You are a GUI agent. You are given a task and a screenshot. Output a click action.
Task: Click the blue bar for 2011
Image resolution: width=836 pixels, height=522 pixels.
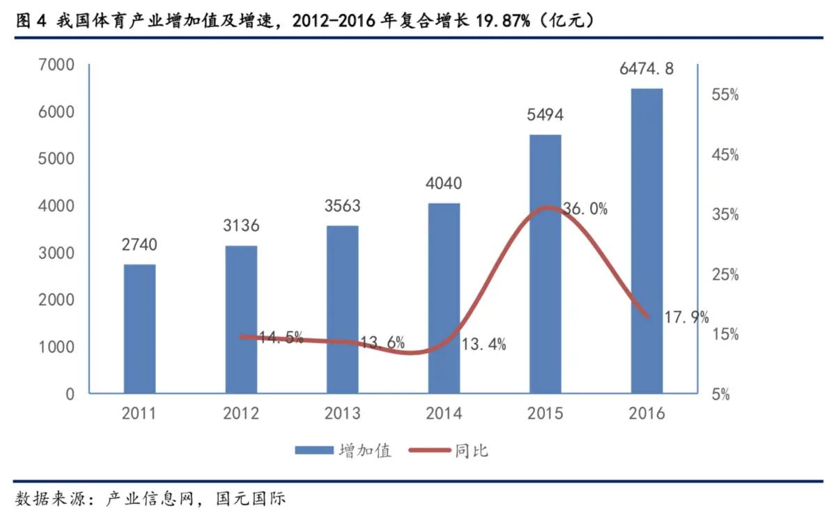[139, 329]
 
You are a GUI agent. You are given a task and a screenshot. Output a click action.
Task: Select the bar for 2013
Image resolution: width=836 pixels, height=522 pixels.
[342, 309]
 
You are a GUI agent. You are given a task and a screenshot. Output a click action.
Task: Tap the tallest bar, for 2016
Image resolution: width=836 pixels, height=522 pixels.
[647, 241]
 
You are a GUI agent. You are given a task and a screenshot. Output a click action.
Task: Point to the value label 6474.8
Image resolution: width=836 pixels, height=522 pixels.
[647, 69]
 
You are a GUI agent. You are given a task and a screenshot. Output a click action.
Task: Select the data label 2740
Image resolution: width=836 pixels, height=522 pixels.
[139, 245]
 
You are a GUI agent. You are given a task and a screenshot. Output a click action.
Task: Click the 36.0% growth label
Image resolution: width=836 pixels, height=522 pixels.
[585, 208]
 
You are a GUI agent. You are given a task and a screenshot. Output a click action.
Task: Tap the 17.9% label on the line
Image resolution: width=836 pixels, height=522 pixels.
[686, 318]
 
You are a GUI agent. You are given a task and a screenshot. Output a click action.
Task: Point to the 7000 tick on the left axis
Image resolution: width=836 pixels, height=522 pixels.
[59, 65]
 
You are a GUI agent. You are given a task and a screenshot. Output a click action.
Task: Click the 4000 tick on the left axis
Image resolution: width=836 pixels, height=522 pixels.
[59, 207]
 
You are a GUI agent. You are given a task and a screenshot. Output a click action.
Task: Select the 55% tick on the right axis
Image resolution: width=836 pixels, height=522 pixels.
[724, 95]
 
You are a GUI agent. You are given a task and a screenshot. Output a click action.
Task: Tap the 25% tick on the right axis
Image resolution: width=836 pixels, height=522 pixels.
[724, 275]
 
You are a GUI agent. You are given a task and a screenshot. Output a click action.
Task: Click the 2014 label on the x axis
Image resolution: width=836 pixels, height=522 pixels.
[444, 413]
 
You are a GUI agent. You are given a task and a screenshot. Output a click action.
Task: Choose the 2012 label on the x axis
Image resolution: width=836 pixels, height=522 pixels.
[241, 413]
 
